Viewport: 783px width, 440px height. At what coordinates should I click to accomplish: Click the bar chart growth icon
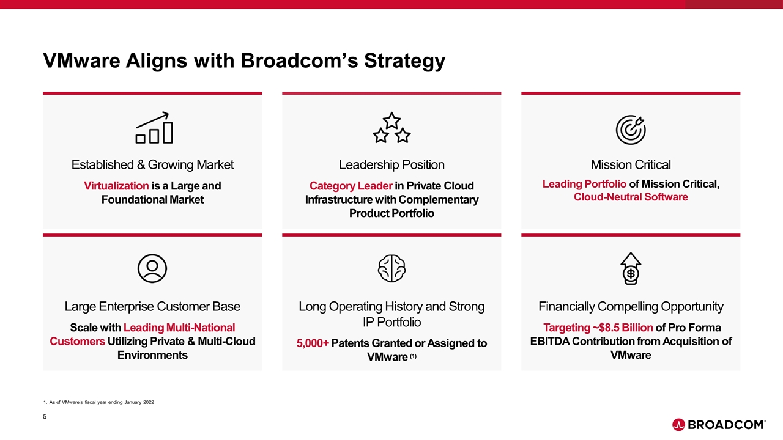pyautogui.click(x=154, y=128)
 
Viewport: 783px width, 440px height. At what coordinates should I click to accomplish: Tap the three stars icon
pyautogui.click(x=391, y=128)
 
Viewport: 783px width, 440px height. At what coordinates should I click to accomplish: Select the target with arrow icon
pyautogui.click(x=631, y=130)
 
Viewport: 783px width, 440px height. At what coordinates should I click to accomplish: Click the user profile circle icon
pyautogui.click(x=152, y=268)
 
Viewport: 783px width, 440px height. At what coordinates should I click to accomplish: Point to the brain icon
pyautogui.click(x=391, y=268)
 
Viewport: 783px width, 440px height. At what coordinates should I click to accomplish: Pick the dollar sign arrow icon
pyautogui.click(x=631, y=268)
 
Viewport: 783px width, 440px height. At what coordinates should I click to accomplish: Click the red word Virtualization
pyautogui.click(x=116, y=186)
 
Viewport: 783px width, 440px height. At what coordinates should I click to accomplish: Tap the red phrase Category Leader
pyautogui.click(x=351, y=186)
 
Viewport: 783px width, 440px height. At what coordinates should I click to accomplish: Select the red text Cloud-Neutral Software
pyautogui.click(x=631, y=197)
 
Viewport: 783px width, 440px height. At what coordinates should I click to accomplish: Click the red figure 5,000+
pyautogui.click(x=313, y=343)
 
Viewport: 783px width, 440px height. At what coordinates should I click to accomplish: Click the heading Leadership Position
pyautogui.click(x=391, y=165)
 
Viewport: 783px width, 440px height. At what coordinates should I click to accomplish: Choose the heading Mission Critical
pyautogui.click(x=631, y=165)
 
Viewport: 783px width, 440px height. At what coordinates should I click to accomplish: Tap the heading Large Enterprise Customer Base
pyautogui.click(x=152, y=307)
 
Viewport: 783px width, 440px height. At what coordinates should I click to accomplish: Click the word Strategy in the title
pyautogui.click(x=405, y=61)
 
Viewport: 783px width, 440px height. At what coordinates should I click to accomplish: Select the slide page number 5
pyautogui.click(x=45, y=416)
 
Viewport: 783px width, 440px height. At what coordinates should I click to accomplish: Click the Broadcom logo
pyautogui.click(x=719, y=425)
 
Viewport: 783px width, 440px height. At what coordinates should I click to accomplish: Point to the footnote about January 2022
pyautogui.click(x=98, y=402)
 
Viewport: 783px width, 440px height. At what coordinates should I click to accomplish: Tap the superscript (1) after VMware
pyautogui.click(x=413, y=356)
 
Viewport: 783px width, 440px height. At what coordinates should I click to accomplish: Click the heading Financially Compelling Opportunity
pyautogui.click(x=631, y=307)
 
